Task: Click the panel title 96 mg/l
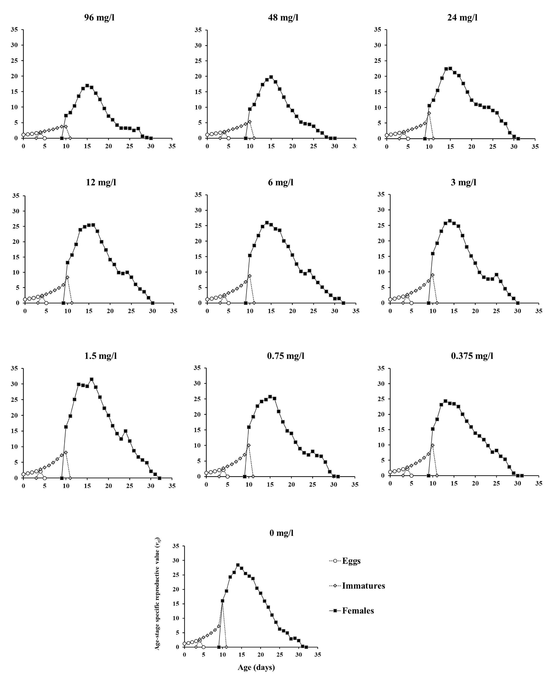point(99,17)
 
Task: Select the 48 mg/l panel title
point(283,17)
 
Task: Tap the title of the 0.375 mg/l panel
point(472,356)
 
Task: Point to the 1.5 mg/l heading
point(101,356)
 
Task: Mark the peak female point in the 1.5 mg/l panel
point(91,379)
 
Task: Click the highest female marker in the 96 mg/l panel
point(87,85)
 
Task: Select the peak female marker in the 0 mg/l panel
point(238,565)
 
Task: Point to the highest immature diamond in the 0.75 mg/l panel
point(249,445)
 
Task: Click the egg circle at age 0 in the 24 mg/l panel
point(387,135)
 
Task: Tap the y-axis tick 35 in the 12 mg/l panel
point(16,196)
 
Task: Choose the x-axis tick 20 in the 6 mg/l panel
point(292,311)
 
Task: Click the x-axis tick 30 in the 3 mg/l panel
point(517,311)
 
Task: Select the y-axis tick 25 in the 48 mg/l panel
point(198,61)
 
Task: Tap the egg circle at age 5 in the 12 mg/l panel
point(46,303)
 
